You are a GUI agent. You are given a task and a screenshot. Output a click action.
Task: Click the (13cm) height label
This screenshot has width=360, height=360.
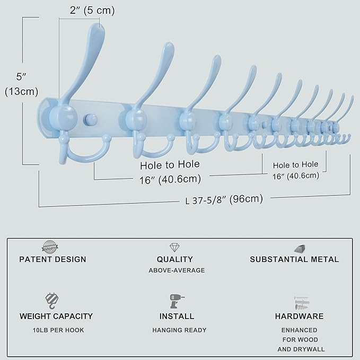pyautogui.click(x=20, y=91)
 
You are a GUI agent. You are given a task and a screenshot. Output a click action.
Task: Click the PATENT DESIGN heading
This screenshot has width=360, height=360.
pyautogui.click(x=52, y=259)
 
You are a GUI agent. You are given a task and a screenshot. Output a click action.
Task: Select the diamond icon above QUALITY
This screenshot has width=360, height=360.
pyautogui.click(x=174, y=248)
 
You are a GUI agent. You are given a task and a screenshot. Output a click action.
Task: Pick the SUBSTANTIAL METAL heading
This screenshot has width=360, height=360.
pyautogui.click(x=294, y=259)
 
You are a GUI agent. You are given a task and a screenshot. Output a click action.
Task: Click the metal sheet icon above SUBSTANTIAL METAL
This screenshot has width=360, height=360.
pyautogui.click(x=301, y=248)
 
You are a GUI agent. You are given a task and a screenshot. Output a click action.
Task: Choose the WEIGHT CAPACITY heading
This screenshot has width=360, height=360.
pyautogui.click(x=56, y=317)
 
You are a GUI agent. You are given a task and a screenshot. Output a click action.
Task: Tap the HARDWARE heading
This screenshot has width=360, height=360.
pyautogui.click(x=299, y=317)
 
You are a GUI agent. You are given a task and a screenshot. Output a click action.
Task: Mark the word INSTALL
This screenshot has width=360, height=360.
pyautogui.click(x=177, y=317)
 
